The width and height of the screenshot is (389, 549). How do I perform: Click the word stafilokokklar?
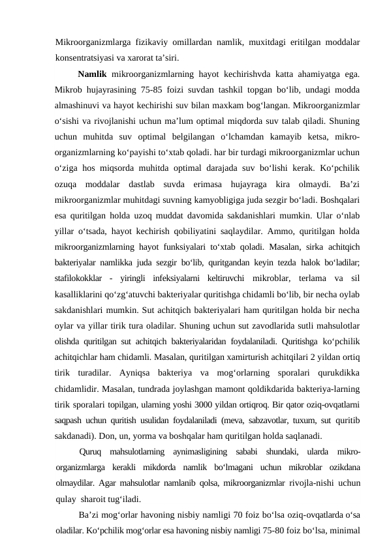pos(82,278)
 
